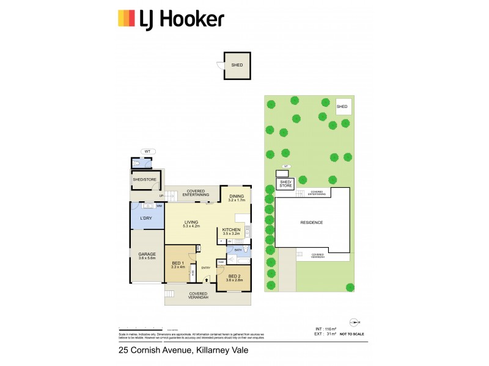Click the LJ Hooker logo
click(x=171, y=19)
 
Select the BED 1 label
click(x=177, y=264)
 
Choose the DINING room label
click(x=236, y=198)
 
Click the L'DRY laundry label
click(x=145, y=218)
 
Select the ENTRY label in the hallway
click(x=205, y=268)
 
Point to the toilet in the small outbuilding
click(x=138, y=163)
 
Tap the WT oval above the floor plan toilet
click(x=147, y=151)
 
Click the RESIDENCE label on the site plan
click(x=311, y=223)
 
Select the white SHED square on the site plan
click(x=342, y=106)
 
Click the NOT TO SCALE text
click(x=351, y=335)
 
